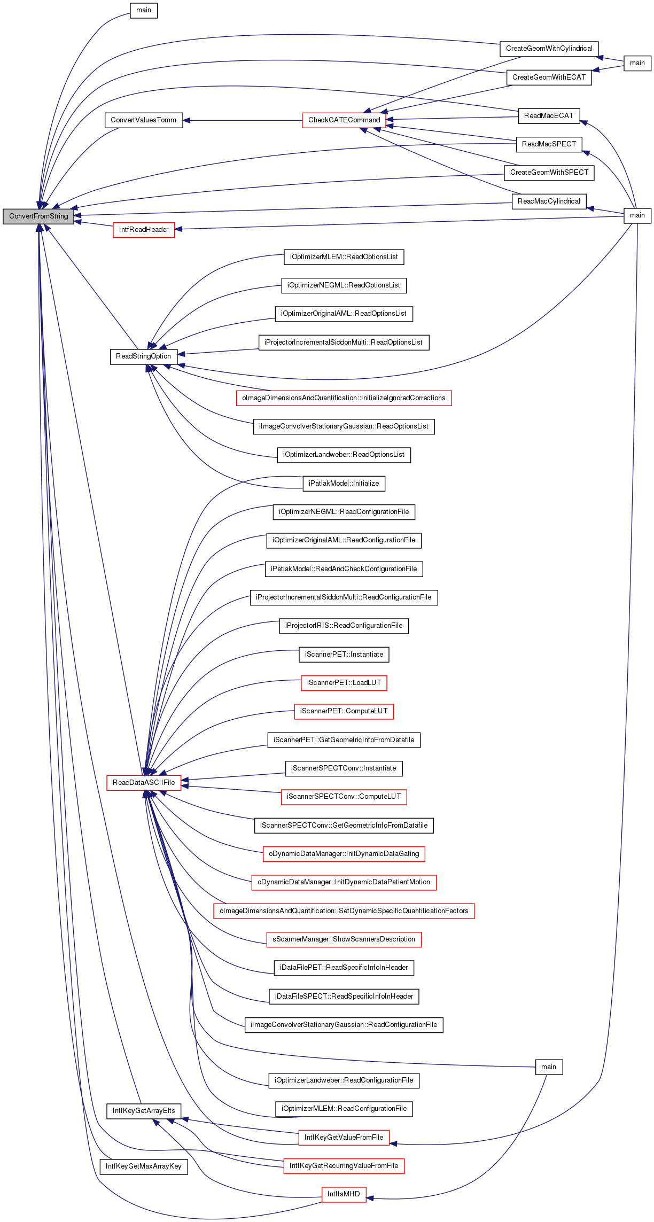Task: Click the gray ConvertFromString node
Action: pyautogui.click(x=38, y=216)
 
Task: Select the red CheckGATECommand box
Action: pyautogui.click(x=344, y=120)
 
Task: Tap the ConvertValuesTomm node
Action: pyautogui.click(x=143, y=120)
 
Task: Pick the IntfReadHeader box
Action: pyautogui.click(x=144, y=230)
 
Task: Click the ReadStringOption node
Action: pyautogui.click(x=144, y=356)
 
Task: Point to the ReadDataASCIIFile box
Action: pyautogui.click(x=144, y=783)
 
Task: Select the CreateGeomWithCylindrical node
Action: pyautogui.click(x=549, y=49)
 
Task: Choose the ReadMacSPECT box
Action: pyautogui.click(x=549, y=144)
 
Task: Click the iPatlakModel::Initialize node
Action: pyautogui.click(x=344, y=484)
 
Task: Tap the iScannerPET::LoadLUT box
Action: pyautogui.click(x=344, y=683)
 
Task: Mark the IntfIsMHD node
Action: pyautogui.click(x=344, y=1194)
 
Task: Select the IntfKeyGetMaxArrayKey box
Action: pyautogui.click(x=144, y=1166)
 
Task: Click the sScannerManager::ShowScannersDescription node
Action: pyautogui.click(x=344, y=939)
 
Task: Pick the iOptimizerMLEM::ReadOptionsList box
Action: pyautogui.click(x=344, y=257)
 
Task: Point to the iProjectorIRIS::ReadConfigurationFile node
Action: pyautogui.click(x=344, y=626)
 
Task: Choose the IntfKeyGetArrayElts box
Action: pyautogui.click(x=144, y=1111)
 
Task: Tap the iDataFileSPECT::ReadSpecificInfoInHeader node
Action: pyautogui.click(x=344, y=997)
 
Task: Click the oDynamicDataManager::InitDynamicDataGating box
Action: pyautogui.click(x=344, y=854)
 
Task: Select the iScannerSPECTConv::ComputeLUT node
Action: pyautogui.click(x=344, y=797)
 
